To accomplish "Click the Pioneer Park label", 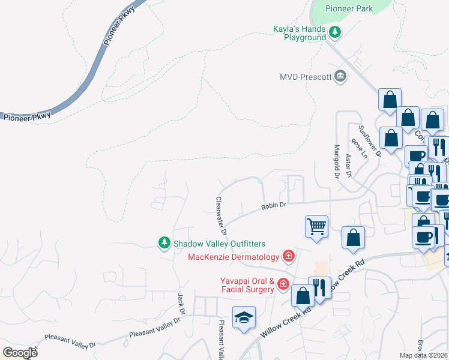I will click(349, 8).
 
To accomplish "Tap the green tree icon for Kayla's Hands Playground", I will click(335, 33).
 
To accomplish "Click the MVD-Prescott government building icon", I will click(340, 76).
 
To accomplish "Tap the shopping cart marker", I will click(316, 227).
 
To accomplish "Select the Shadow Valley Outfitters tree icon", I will click(164, 243).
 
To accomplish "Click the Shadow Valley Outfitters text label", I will click(219, 244).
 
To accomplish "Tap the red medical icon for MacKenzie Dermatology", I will click(289, 257).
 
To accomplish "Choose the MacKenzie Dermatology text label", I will click(234, 257).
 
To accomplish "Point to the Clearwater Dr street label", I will click(220, 217).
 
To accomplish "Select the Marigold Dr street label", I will click(337, 161).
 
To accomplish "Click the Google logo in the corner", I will click(20, 353).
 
